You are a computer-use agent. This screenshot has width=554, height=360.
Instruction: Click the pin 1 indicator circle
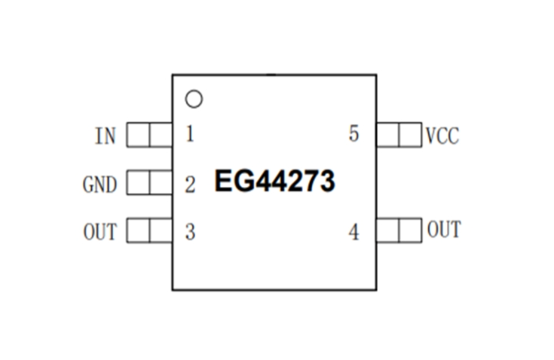pos(194,99)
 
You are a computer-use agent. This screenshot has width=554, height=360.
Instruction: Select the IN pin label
pos(106,136)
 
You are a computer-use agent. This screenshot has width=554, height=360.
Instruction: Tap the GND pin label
pos(99,185)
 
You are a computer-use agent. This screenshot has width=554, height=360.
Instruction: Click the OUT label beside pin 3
pos(99,232)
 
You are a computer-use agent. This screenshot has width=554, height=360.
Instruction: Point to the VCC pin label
pos(442,136)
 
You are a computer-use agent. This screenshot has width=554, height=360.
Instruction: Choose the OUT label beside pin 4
pos(443,230)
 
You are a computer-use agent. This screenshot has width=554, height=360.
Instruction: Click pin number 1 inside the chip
pos(190,135)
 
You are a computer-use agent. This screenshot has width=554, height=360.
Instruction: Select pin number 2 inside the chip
pos(190,185)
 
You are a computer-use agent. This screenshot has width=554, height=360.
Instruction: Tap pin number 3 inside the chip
pos(190,232)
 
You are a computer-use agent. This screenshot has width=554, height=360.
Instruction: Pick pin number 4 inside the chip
pos(354,232)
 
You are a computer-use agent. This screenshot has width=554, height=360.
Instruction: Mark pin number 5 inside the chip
pos(354,135)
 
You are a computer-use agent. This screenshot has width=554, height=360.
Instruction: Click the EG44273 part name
pos(274,182)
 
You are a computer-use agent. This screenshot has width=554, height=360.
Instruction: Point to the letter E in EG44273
pos(223,182)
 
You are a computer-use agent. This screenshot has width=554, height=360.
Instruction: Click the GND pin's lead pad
pos(149,183)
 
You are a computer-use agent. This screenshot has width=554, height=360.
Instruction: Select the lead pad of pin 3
pos(149,230)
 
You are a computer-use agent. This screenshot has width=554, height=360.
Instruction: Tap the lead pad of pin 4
pos(399,230)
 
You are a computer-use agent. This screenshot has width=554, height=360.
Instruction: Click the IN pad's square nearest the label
pos(138,136)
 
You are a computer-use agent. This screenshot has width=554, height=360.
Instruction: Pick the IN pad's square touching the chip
pos(161,136)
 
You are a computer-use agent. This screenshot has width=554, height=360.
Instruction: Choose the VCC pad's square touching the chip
pos(387,135)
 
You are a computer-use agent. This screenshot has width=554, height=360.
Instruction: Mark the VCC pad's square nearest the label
pos(410,135)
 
